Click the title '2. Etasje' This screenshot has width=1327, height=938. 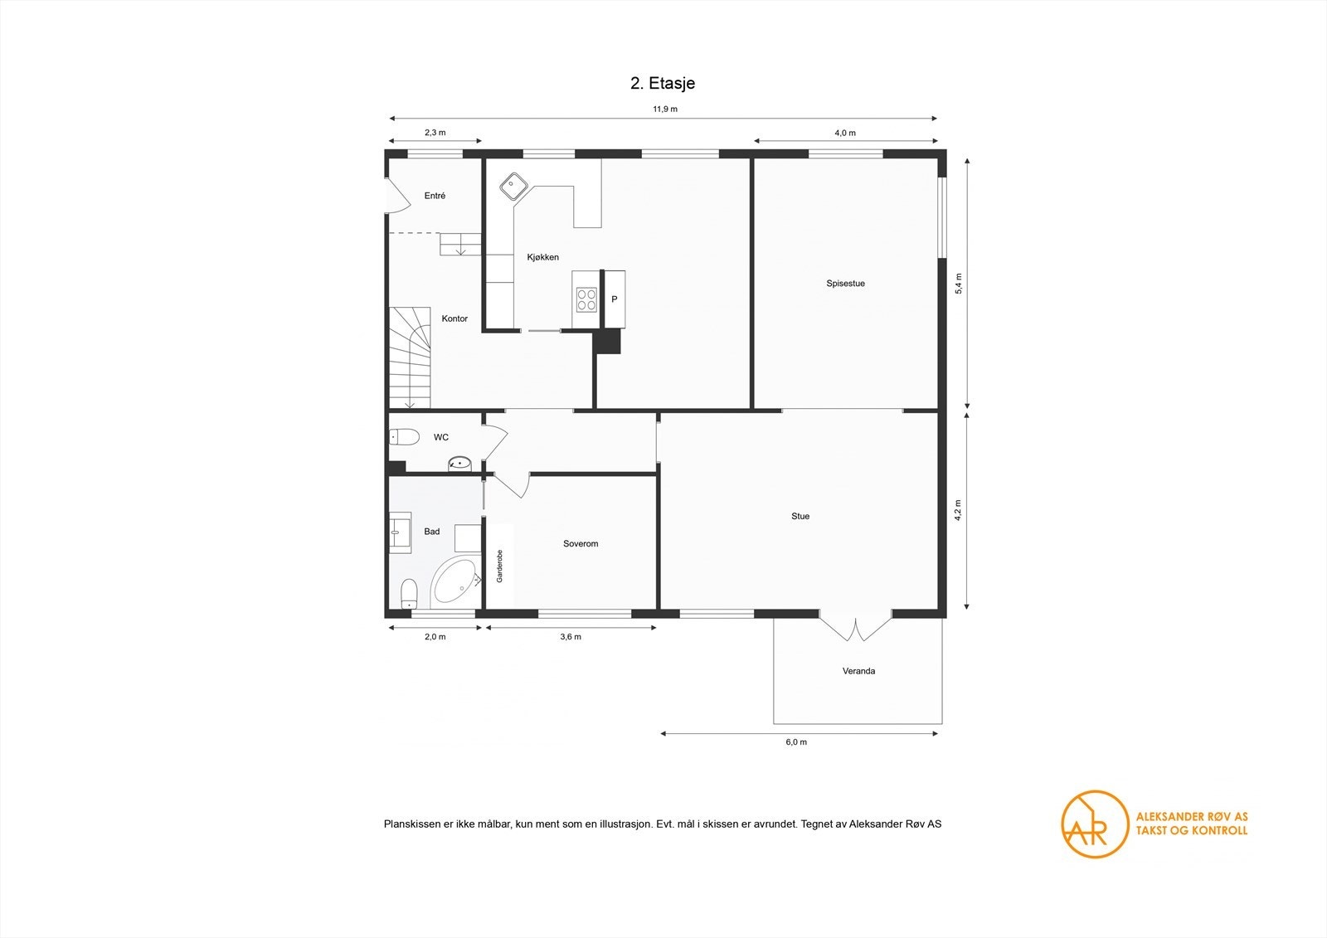tap(663, 83)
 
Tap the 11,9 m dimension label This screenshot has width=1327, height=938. tap(663, 109)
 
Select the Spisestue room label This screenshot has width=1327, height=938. tap(845, 284)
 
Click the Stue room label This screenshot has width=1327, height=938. tap(800, 516)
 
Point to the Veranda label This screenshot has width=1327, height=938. tap(858, 671)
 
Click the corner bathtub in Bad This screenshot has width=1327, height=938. tap(454, 582)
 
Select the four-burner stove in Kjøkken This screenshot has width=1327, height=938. tap(586, 299)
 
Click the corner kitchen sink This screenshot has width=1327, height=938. tap(515, 186)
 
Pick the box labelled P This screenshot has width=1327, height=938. tap(615, 299)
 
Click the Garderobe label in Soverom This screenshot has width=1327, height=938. tap(500, 566)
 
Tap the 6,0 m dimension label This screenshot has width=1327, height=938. tap(795, 742)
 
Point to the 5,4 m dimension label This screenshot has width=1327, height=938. tap(958, 284)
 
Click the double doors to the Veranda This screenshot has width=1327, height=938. tap(855, 627)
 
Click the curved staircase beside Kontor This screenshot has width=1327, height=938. tap(410, 357)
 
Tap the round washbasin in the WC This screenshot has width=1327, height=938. tap(459, 463)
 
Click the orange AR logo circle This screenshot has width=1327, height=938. tap(1095, 824)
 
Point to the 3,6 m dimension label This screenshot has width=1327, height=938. tap(571, 637)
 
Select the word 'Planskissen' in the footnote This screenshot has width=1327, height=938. tap(406, 824)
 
